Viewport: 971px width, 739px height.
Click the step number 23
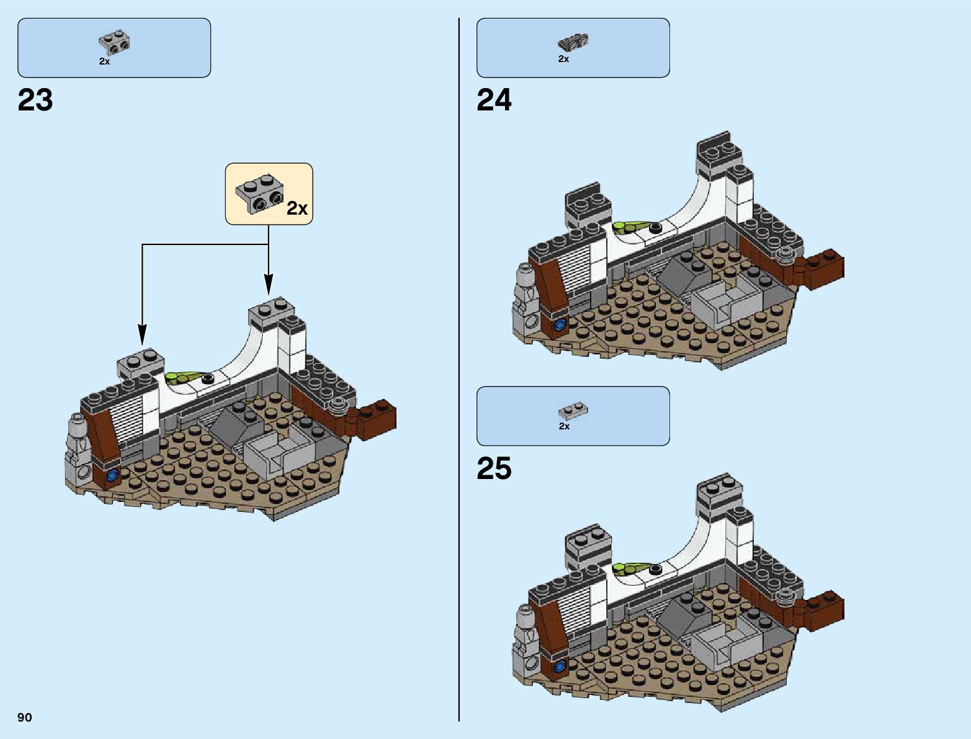point(35,101)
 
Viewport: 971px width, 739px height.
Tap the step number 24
point(494,101)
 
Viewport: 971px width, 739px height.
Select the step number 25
point(494,468)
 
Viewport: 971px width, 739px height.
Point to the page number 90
point(25,717)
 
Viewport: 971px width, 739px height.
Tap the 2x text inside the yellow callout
point(297,208)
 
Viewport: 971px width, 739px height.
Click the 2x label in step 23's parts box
point(104,61)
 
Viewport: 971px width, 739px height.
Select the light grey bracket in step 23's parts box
point(114,42)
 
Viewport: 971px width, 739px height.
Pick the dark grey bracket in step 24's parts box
point(573,42)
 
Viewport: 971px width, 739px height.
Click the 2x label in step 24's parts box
point(563,59)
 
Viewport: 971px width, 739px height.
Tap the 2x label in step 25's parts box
point(564,426)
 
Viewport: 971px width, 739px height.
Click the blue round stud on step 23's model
point(113,476)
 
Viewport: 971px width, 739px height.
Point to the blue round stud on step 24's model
point(561,324)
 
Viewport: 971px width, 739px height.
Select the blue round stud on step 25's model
point(561,666)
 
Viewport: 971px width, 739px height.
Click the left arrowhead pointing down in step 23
point(142,335)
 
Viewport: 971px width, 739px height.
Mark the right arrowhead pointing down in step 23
point(268,285)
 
